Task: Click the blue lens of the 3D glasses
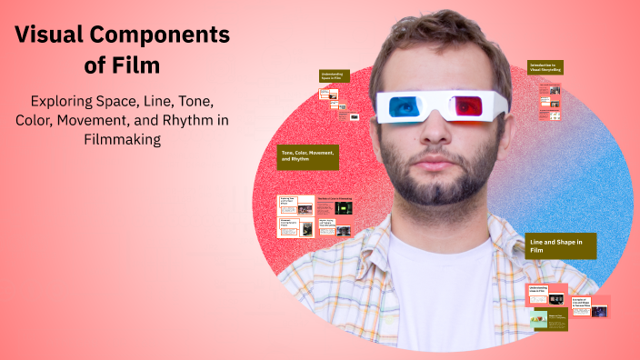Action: tap(402, 107)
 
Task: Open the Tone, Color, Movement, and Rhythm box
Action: tap(308, 157)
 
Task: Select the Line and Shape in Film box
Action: tap(560, 245)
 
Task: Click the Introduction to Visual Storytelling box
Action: tap(545, 69)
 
